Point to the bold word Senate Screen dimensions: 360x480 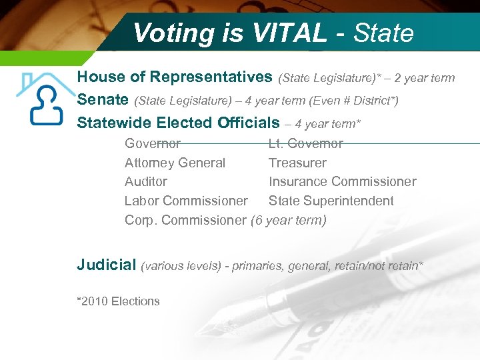103,100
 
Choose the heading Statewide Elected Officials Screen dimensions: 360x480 178,123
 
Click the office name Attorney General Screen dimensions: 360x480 175,163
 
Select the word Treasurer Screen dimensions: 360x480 297,163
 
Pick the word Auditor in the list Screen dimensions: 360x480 146,181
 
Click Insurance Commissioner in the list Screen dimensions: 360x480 342,181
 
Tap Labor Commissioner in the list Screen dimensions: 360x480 186,201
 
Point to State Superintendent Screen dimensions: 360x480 331,201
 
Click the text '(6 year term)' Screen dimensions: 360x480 288,220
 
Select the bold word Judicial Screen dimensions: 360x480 106,265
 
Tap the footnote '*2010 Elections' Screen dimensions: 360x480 118,301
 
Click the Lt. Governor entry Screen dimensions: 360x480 305,143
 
